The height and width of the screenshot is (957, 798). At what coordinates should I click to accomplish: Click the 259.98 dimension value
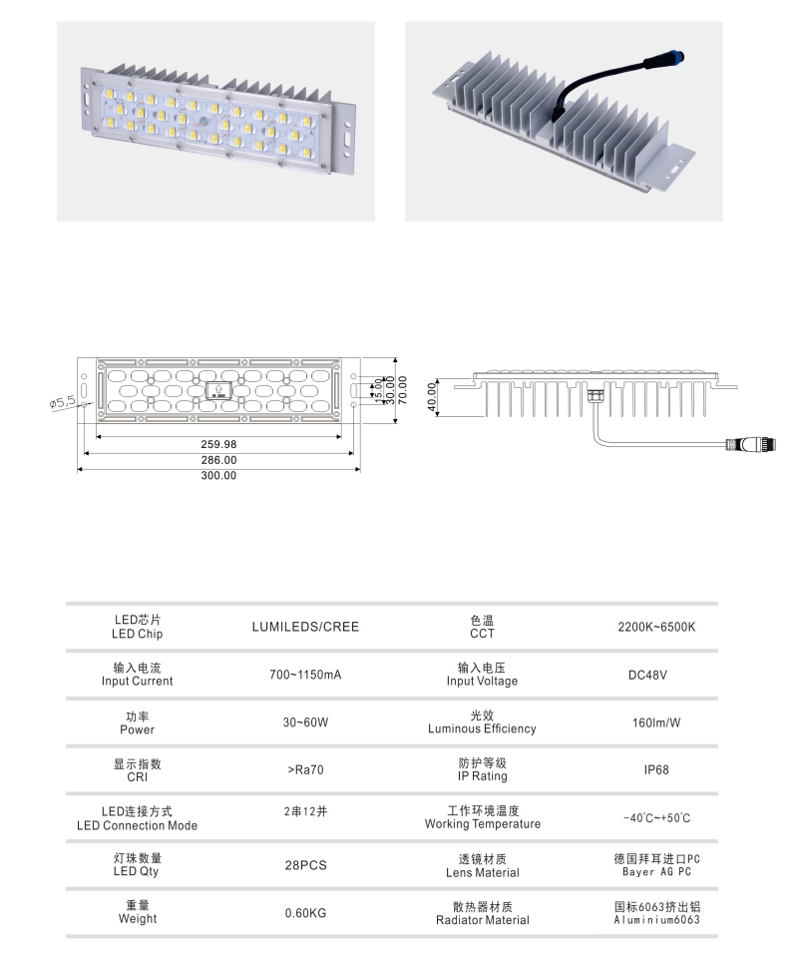pyautogui.click(x=218, y=444)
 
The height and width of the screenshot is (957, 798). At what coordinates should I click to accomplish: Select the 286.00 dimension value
pyautogui.click(x=218, y=460)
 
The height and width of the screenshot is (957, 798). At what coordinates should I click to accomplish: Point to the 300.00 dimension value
pyautogui.click(x=218, y=475)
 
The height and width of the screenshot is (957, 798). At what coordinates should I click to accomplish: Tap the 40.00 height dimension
pyautogui.click(x=432, y=397)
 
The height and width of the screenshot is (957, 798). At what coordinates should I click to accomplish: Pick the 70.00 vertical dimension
pyautogui.click(x=403, y=389)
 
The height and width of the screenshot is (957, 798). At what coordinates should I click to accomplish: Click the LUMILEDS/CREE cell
pyautogui.click(x=305, y=627)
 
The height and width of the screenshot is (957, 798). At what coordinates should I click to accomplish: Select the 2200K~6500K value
pyautogui.click(x=656, y=627)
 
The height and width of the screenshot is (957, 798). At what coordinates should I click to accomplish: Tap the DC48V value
pyautogui.click(x=647, y=675)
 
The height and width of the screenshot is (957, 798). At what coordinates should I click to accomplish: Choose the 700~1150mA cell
pyautogui.click(x=305, y=675)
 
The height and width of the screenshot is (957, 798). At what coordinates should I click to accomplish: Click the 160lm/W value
pyautogui.click(x=656, y=722)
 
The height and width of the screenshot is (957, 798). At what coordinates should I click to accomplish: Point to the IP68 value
pyautogui.click(x=656, y=770)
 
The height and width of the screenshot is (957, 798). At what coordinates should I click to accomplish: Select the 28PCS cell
pyautogui.click(x=305, y=865)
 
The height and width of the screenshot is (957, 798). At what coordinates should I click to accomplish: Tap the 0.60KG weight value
pyautogui.click(x=305, y=913)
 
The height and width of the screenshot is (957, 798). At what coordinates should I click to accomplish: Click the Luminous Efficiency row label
pyautogui.click(x=482, y=728)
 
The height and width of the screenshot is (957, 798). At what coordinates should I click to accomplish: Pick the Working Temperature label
pyautogui.click(x=483, y=824)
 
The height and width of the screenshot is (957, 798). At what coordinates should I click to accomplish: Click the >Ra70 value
pyautogui.click(x=305, y=770)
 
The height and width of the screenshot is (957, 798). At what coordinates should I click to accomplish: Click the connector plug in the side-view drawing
pyautogui.click(x=751, y=444)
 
